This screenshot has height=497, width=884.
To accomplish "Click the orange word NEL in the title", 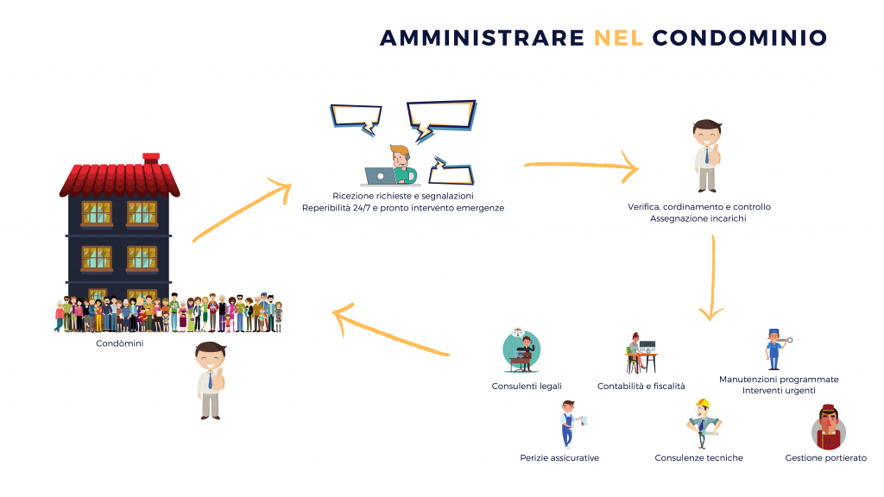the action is click(x=618, y=38).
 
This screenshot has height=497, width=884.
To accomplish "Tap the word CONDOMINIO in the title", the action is click(x=740, y=38).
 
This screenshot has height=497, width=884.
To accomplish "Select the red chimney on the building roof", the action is click(x=151, y=159).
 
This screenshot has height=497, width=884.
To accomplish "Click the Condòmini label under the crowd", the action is click(x=119, y=343).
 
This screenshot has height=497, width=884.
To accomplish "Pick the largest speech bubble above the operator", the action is click(x=441, y=119).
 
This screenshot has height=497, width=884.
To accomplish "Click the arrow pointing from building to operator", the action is click(x=242, y=210).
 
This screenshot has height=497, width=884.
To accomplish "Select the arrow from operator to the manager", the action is click(x=581, y=165).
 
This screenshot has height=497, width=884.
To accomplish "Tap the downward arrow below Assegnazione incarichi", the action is click(x=712, y=278).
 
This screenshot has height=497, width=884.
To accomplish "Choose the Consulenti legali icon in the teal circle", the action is click(x=521, y=350).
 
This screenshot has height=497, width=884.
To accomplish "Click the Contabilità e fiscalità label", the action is click(x=641, y=386).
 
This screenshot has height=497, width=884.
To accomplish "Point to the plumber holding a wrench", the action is click(x=776, y=349).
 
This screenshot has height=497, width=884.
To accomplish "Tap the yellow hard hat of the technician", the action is click(x=703, y=404).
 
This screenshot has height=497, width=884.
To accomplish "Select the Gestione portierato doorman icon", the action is click(x=828, y=427).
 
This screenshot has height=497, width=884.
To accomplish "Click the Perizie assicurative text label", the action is click(x=559, y=457).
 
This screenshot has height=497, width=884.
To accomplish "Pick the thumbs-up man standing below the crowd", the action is click(x=211, y=381).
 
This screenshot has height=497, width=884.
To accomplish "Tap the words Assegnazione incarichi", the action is click(x=698, y=218).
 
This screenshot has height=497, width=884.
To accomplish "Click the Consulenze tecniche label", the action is click(x=698, y=457).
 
